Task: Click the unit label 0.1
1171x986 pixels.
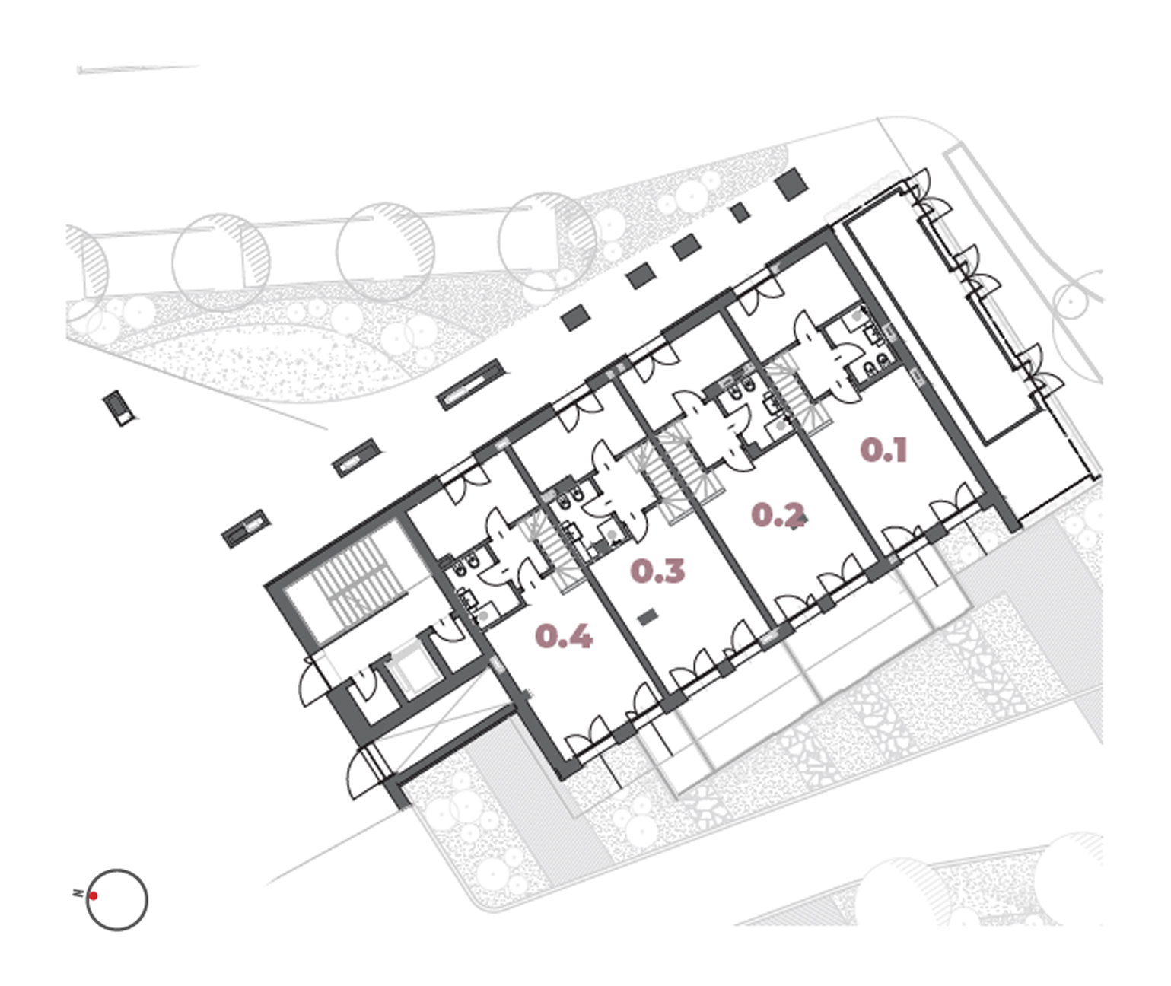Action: click(883, 450)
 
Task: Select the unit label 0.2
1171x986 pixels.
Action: click(777, 516)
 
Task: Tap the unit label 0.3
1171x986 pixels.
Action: click(657, 571)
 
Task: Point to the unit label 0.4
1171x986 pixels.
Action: click(563, 636)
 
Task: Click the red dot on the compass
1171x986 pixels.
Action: click(93, 895)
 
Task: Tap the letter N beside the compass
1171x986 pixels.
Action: click(78, 893)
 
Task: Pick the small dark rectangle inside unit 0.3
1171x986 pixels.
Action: click(647, 617)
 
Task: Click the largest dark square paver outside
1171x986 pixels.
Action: click(791, 184)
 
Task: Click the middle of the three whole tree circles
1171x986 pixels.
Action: click(385, 252)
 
